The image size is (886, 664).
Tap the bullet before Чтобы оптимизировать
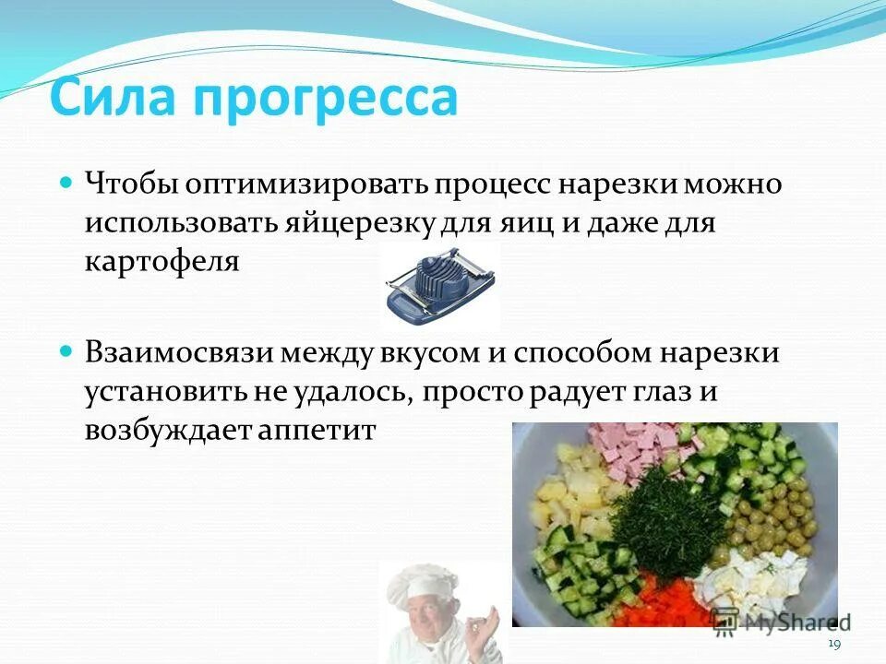[x=66, y=183]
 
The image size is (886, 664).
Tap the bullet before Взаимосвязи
[x=66, y=352]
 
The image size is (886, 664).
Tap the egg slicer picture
[x=439, y=285]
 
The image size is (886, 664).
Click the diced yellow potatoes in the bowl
[x=572, y=489]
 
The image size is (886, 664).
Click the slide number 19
[x=834, y=643]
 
